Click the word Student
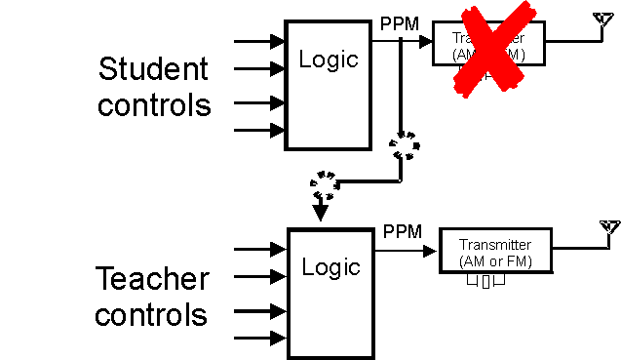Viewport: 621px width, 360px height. [153, 69]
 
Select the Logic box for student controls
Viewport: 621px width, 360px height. [329, 85]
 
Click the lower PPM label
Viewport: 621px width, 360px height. [403, 231]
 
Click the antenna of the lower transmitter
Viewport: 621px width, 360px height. [609, 228]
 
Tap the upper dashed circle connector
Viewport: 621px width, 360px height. [404, 147]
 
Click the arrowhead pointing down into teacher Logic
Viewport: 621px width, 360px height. [320, 214]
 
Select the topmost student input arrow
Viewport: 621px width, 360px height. [259, 42]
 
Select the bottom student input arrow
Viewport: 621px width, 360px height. [259, 129]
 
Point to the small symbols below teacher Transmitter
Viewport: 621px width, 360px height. [485, 282]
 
